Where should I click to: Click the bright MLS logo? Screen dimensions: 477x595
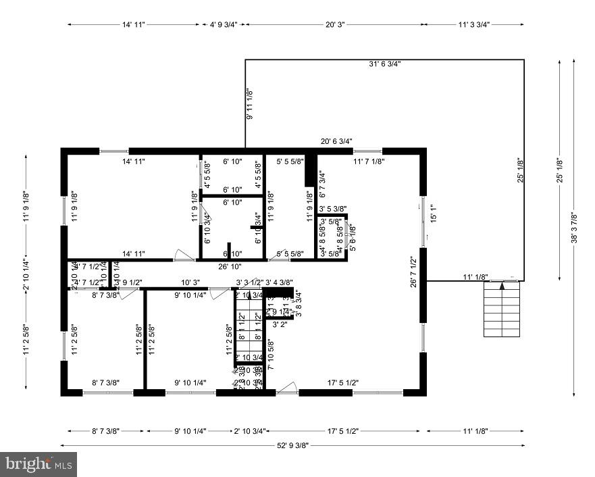click(39, 464)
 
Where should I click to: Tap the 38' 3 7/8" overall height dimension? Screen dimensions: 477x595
click(575, 225)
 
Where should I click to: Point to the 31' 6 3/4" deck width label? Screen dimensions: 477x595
click(385, 64)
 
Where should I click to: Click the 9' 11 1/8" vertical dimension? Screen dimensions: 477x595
click(249, 104)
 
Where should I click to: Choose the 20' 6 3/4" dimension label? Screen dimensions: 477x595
click(336, 141)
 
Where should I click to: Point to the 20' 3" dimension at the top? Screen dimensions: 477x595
click(335, 24)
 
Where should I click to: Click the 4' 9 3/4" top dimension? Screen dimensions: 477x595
click(224, 24)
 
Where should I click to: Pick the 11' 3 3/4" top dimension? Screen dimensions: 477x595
click(473, 24)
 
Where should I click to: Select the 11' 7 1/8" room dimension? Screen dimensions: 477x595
click(369, 162)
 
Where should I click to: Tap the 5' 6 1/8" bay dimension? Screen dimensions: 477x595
click(351, 238)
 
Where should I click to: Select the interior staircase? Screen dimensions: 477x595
click(248, 331)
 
